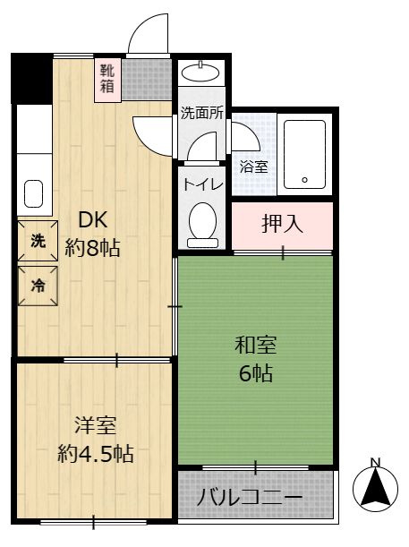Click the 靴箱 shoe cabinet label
[x=107, y=79]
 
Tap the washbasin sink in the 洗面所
[x=200, y=73]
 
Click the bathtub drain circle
[x=305, y=180]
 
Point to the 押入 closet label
[x=282, y=224]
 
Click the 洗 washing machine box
[x=38, y=241]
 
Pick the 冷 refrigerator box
[x=38, y=286]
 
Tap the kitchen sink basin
[x=33, y=194]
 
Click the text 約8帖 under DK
[x=92, y=248]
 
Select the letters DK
[x=92, y=220]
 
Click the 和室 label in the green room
[x=256, y=345]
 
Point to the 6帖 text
[x=256, y=373]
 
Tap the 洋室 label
[x=96, y=425]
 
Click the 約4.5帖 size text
[x=96, y=453]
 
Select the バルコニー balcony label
[x=250, y=497]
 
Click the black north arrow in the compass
[x=375, y=486]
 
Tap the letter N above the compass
[x=375, y=463]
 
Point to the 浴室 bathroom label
[x=253, y=167]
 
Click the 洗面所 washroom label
[x=202, y=113]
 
